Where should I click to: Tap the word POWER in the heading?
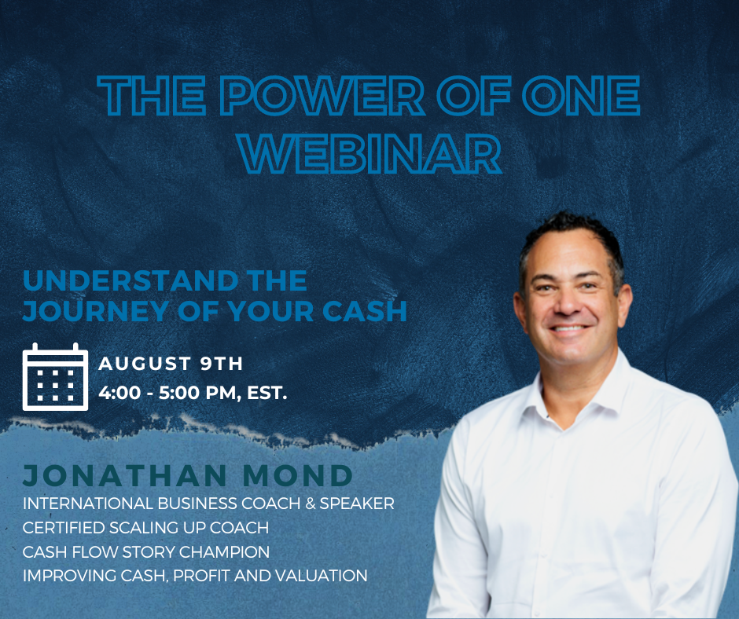[322, 96]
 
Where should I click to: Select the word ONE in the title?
[581, 96]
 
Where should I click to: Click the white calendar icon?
[55, 377]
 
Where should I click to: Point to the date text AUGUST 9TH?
[171, 363]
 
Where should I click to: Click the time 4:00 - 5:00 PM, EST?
[193, 393]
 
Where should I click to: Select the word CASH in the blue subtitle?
[364, 311]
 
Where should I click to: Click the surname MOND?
[298, 475]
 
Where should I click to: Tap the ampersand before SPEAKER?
[310, 503]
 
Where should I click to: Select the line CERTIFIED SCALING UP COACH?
[145, 528]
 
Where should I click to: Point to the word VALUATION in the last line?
[321, 575]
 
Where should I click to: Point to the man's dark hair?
[572, 236]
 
